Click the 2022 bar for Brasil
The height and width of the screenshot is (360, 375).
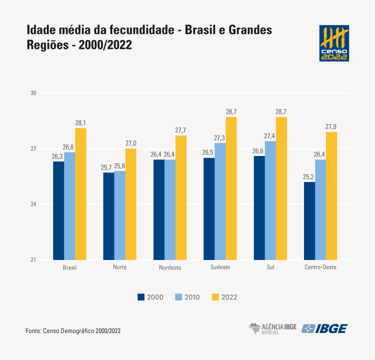[x=80, y=194]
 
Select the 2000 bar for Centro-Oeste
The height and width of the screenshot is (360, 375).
[x=309, y=221]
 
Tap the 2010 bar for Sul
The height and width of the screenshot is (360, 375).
[x=270, y=200]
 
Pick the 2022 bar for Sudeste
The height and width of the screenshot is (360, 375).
[x=231, y=188]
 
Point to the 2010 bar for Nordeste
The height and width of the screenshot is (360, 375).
[x=170, y=209]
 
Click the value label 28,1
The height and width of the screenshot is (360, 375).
[x=80, y=123]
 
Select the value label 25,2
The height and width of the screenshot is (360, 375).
[x=309, y=176]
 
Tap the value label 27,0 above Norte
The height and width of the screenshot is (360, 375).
[x=130, y=143]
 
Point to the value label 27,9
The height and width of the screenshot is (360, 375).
[x=331, y=126]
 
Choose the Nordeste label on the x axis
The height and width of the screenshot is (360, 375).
[x=170, y=267]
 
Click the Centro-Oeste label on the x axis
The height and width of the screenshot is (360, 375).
[x=320, y=267]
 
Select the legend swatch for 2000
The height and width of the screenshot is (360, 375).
[x=141, y=297]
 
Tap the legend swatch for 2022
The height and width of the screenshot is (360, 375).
[x=215, y=297]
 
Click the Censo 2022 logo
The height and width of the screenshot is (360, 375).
[x=334, y=43]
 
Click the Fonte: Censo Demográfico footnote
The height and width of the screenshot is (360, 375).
[x=73, y=331]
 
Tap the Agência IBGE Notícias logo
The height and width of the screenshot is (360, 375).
[x=272, y=328]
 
